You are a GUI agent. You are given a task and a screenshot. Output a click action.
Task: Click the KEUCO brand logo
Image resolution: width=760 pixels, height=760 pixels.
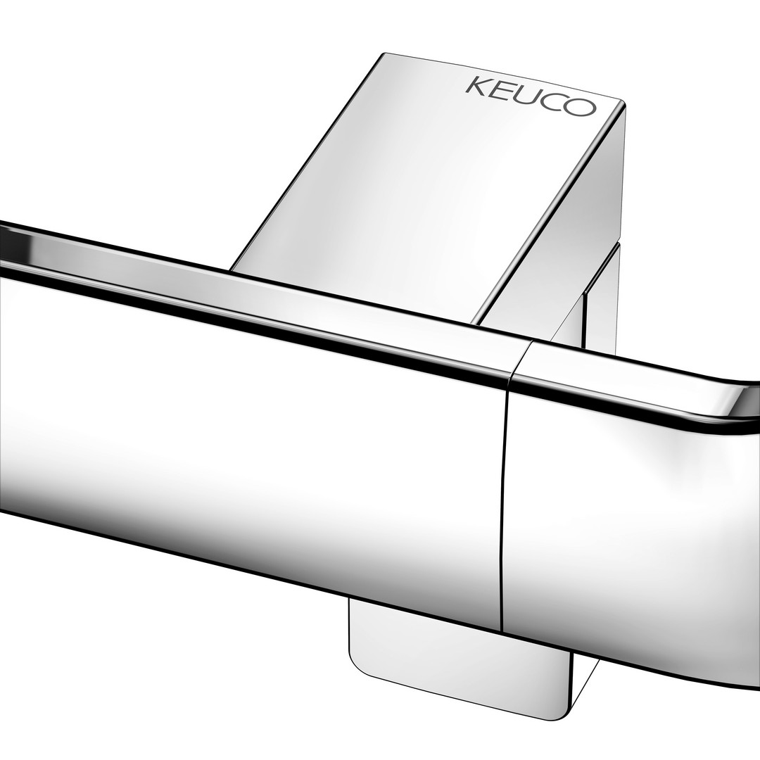pos(530,96)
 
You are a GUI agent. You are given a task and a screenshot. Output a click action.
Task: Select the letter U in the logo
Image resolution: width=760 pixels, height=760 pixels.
pos(525,96)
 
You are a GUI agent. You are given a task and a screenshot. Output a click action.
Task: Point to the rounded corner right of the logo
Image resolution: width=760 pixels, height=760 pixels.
pos(621,103)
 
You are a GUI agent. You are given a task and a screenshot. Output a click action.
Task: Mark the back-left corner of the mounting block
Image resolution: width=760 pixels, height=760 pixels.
pos(385,53)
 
